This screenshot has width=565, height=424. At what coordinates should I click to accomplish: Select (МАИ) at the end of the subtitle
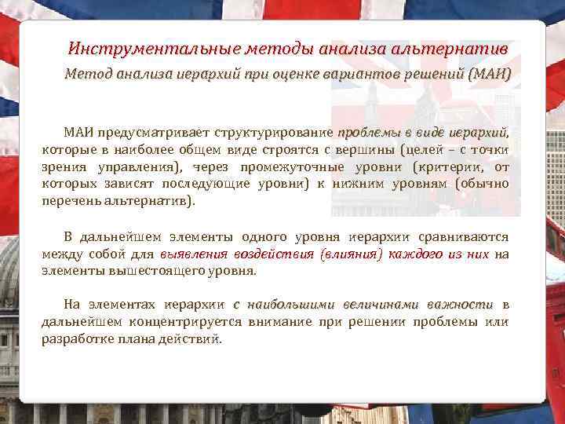click(488, 75)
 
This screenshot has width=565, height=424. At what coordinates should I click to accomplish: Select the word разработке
click(77, 339)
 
